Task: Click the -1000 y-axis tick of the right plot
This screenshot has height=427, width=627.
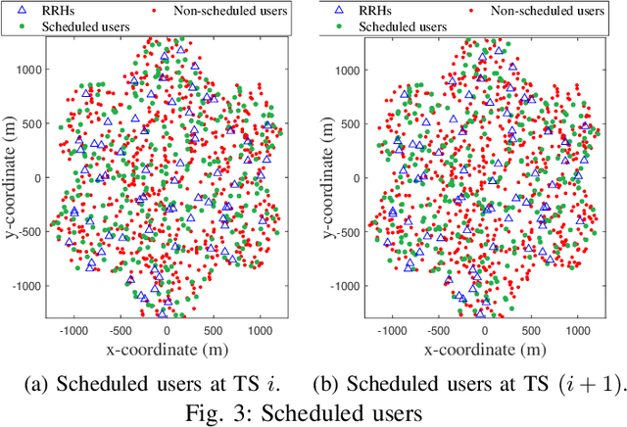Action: click(343, 287)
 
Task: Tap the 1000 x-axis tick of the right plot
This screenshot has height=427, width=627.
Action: click(576, 330)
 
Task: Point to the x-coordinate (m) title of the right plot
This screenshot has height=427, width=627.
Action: click(481, 348)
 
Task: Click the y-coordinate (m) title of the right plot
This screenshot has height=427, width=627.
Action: click(324, 177)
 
